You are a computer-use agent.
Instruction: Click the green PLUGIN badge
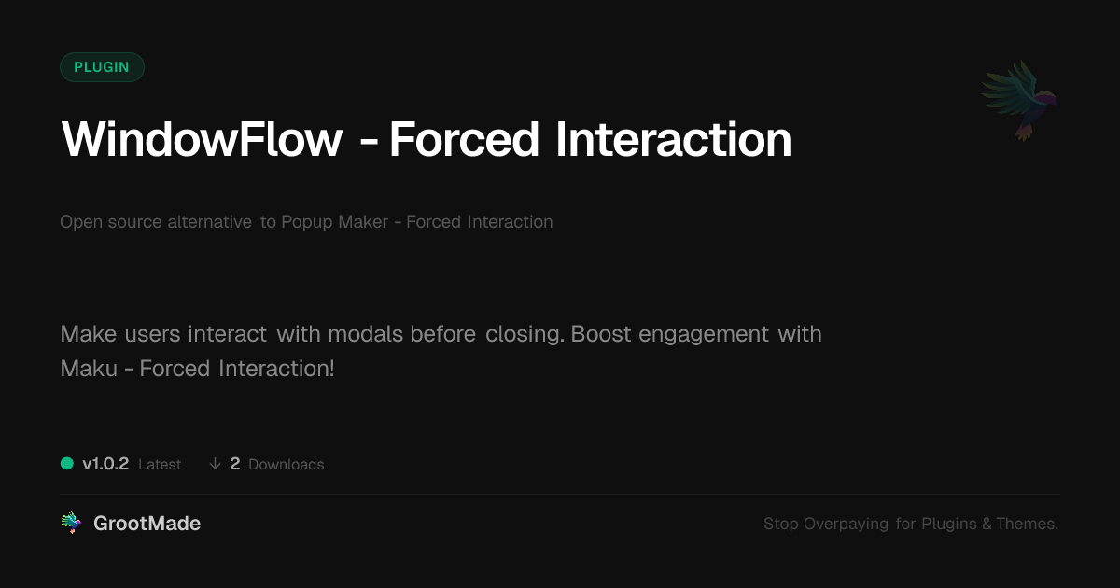[102, 67]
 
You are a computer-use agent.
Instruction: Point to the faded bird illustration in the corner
[1020, 100]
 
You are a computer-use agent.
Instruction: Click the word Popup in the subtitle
[306, 222]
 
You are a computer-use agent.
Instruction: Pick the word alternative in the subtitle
[209, 221]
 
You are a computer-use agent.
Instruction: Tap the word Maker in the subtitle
[363, 221]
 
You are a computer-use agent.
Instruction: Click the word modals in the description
[366, 334]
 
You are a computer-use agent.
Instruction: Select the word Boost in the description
[601, 334]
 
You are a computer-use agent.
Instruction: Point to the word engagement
[704, 335]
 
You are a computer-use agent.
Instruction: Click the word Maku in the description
[89, 369]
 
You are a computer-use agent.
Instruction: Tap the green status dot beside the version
[67, 464]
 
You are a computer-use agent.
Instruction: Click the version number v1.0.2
[105, 464]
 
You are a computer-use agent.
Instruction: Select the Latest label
[160, 465]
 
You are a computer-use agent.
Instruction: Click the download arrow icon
[215, 464]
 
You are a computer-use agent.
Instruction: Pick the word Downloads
[286, 465]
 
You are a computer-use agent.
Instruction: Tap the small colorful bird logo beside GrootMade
[71, 523]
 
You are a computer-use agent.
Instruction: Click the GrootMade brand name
[147, 524]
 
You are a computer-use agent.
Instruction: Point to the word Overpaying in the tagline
[846, 524]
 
